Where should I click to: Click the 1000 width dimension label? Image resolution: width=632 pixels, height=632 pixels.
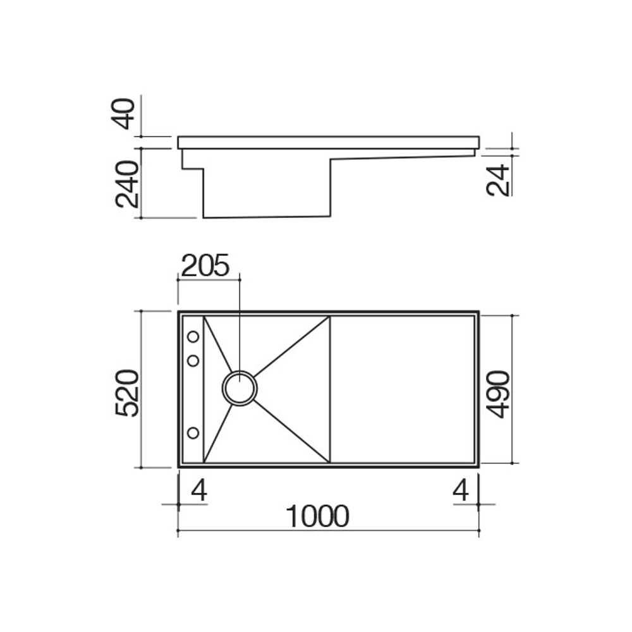317,516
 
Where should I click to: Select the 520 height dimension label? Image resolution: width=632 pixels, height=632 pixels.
127,392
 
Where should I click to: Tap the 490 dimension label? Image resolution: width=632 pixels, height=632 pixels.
499,394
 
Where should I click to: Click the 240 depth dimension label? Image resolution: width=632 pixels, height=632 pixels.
127,184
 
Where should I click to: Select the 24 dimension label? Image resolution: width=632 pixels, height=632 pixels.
499,179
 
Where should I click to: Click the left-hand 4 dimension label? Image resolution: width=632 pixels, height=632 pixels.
199,490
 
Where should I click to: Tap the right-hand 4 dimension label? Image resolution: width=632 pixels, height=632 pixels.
462,490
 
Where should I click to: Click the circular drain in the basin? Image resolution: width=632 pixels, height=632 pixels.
240,387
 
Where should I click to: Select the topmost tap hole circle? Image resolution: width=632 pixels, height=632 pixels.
193,336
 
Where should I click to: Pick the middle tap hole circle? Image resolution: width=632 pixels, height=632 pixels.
193,360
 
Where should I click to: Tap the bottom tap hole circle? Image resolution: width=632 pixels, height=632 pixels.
193,433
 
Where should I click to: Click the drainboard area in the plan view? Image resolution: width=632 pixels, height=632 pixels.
402,389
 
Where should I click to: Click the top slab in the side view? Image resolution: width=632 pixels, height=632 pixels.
329,142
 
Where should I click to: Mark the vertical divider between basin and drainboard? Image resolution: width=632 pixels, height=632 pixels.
330,389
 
